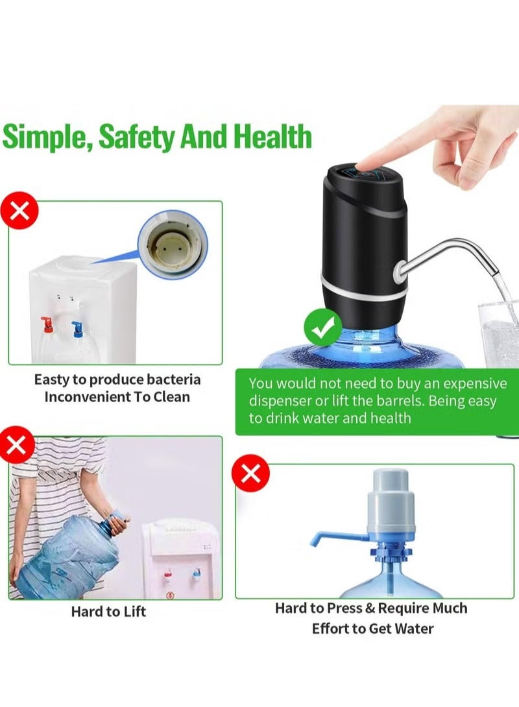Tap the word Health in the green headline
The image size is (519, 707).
272,137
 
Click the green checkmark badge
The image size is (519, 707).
323,330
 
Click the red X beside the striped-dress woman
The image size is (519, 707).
19,445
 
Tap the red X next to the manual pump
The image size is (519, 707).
250,475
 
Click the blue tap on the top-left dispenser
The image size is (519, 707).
77,327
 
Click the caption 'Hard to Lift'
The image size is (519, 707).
108,611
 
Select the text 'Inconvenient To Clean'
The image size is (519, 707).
117,397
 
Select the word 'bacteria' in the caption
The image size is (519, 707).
172,379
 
